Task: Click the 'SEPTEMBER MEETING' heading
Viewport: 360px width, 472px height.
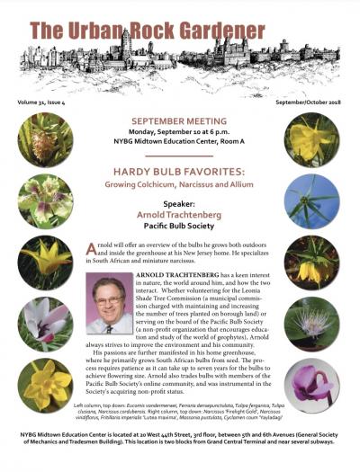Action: tap(179, 120)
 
